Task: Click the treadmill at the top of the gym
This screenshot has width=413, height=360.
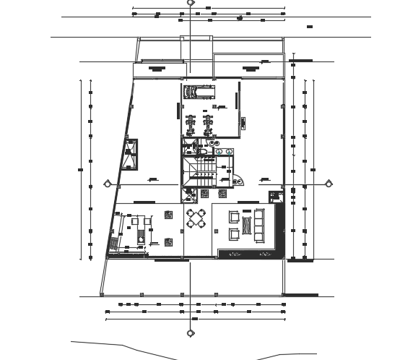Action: tap(199, 92)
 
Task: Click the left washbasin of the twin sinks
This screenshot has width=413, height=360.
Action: tap(215, 151)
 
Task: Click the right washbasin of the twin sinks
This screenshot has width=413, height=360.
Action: tap(229, 151)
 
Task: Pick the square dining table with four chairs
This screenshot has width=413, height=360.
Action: tap(196, 218)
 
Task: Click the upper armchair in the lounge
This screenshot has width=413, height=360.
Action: tap(235, 215)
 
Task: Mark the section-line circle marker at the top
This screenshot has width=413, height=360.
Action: tap(190, 3)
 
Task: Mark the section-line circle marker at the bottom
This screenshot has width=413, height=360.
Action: tap(190, 333)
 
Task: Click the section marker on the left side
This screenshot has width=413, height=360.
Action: tap(108, 183)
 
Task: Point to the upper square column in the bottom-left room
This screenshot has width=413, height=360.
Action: tap(168, 215)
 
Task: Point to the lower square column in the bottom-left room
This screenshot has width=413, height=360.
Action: tap(168, 242)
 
